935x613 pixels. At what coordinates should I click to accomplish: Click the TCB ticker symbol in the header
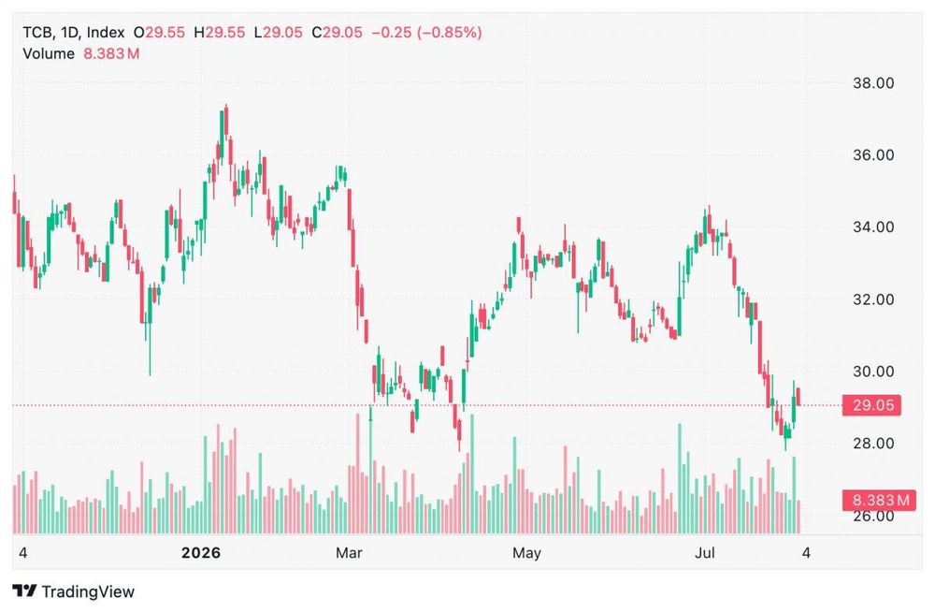[38, 32]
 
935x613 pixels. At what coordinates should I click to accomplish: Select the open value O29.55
[159, 32]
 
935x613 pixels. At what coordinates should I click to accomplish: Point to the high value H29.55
[220, 32]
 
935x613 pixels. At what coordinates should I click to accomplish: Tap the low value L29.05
[279, 32]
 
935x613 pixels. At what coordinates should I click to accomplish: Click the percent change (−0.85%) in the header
[450, 32]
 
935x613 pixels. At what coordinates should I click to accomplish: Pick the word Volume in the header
[49, 53]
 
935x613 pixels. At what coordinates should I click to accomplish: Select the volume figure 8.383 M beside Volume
[111, 53]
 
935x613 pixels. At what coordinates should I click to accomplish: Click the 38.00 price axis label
[873, 83]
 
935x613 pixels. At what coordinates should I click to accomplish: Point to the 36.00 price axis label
[873, 155]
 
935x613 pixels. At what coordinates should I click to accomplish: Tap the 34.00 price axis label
[873, 227]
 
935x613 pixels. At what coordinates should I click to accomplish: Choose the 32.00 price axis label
[873, 299]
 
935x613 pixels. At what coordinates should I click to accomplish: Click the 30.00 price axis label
[873, 372]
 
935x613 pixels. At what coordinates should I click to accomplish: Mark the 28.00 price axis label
[873, 444]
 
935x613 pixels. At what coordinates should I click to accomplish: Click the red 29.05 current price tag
[871, 405]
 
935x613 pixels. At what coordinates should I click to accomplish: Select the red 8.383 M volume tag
[879, 500]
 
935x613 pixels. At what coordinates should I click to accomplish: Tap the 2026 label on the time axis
[201, 553]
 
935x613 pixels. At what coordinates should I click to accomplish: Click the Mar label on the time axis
[349, 553]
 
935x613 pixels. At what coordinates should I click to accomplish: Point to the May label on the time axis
[526, 553]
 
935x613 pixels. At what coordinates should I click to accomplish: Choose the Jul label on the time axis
[704, 553]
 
